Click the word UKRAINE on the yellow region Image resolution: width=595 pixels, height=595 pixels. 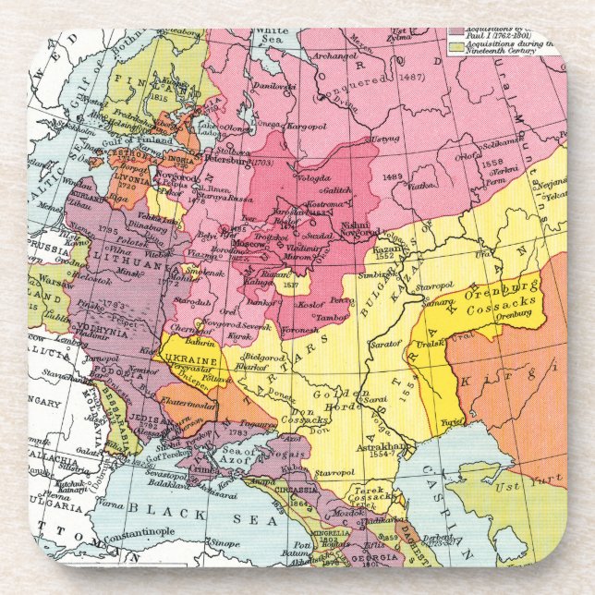[x=188, y=360]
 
